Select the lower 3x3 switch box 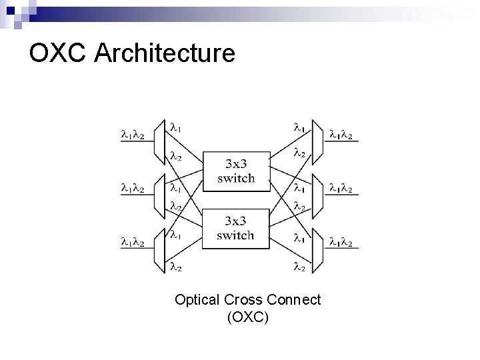click(x=235, y=228)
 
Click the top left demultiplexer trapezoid click(x=159, y=141)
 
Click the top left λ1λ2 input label click(x=133, y=135)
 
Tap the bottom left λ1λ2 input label click(x=133, y=242)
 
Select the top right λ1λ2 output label click(x=343, y=135)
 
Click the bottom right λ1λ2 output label click(x=343, y=242)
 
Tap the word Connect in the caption click(x=294, y=300)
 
